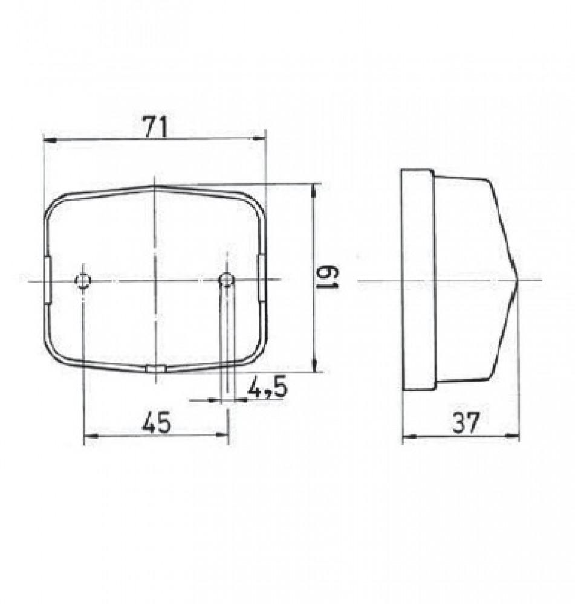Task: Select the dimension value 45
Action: click(x=156, y=422)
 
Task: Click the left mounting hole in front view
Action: click(x=83, y=280)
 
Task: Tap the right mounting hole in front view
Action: click(x=227, y=280)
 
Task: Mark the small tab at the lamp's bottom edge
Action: click(x=155, y=368)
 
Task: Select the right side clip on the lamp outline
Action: click(x=262, y=279)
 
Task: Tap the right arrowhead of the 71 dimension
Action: click(x=261, y=140)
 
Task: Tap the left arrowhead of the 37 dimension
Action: click(x=407, y=437)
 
